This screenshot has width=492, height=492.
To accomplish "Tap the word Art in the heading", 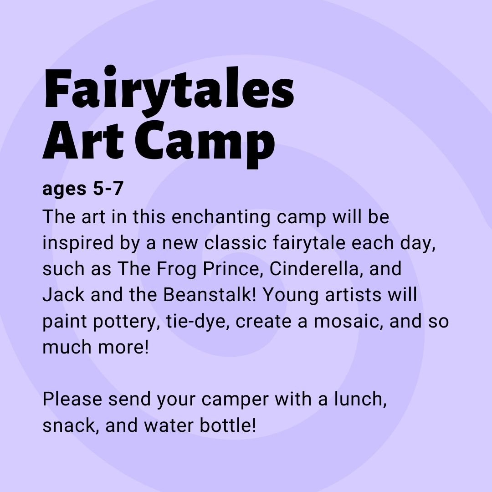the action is [83, 140].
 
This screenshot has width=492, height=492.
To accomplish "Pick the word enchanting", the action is [221, 217].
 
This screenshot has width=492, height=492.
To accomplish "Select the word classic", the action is [236, 242].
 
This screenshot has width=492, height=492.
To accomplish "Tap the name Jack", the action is [63, 295].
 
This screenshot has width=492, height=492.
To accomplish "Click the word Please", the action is [72, 399].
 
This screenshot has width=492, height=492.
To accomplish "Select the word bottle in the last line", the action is [228, 425].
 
